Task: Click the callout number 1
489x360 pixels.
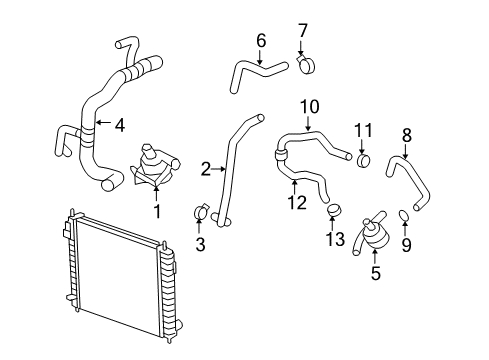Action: (156, 211)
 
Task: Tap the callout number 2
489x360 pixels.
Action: (205, 170)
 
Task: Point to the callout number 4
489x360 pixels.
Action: (119, 126)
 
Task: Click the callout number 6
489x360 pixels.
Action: (261, 40)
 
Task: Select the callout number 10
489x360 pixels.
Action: (309, 105)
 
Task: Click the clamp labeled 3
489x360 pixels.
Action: (199, 212)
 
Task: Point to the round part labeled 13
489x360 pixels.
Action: (334, 210)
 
